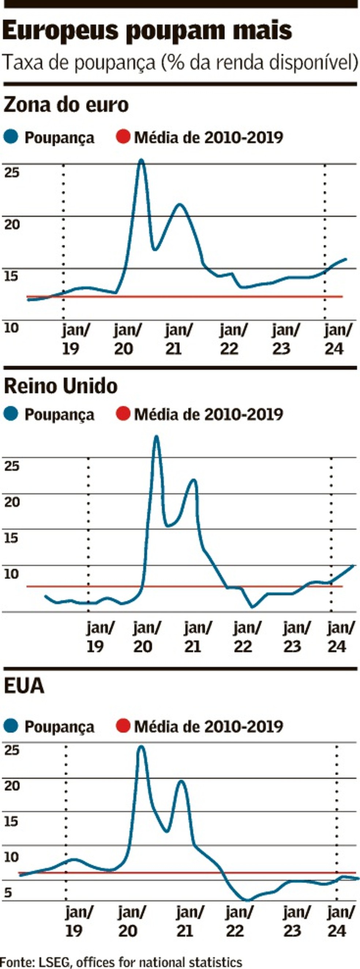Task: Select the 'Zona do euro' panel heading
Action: (66, 105)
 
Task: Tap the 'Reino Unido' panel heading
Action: (61, 386)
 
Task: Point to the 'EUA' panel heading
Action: (24, 686)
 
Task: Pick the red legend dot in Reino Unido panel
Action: (123, 414)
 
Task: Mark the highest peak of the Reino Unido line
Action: (157, 437)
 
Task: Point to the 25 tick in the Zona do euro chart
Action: (11, 173)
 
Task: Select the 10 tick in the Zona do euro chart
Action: (11, 328)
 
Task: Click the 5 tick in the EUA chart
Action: (8, 893)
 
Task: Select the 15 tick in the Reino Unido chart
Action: (11, 538)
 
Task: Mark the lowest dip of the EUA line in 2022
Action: (247, 900)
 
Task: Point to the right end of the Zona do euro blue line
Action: (346, 259)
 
